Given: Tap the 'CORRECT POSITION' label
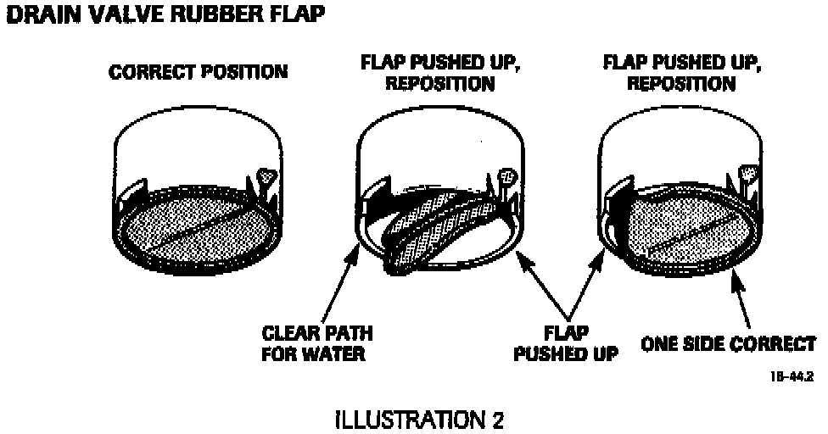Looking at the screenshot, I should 199,72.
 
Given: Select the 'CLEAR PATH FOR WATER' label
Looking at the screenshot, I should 317,342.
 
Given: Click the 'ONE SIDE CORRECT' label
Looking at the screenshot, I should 728,344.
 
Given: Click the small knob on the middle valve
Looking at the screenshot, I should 509,177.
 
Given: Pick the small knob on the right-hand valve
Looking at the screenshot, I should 751,175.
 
